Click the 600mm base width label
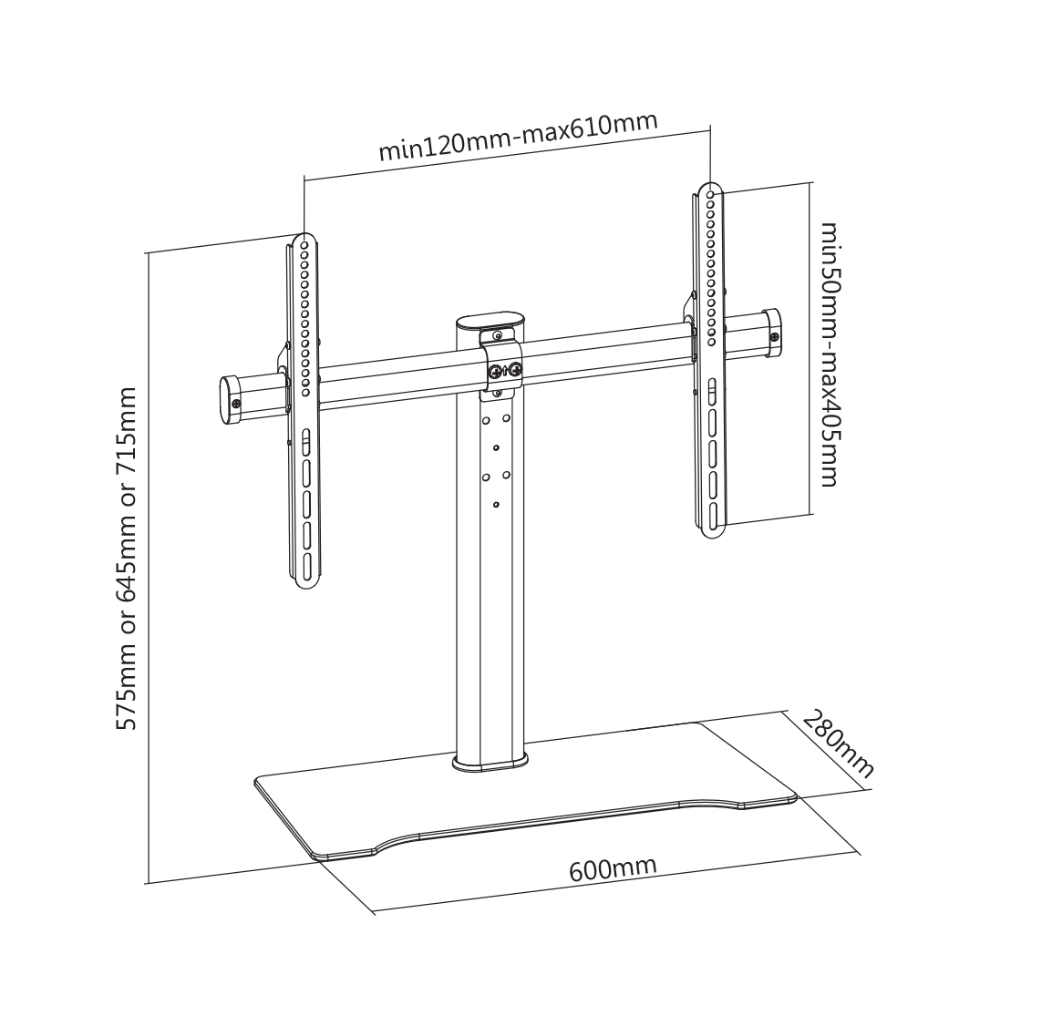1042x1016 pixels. (x=613, y=867)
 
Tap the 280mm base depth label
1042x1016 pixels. (x=838, y=744)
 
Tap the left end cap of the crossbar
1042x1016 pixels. (x=231, y=400)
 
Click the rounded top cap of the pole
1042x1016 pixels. (x=489, y=322)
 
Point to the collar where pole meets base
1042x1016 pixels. (x=490, y=763)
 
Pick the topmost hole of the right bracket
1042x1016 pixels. (x=712, y=195)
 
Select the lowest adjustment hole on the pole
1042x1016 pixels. (x=496, y=505)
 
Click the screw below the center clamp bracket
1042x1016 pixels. (x=497, y=394)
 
